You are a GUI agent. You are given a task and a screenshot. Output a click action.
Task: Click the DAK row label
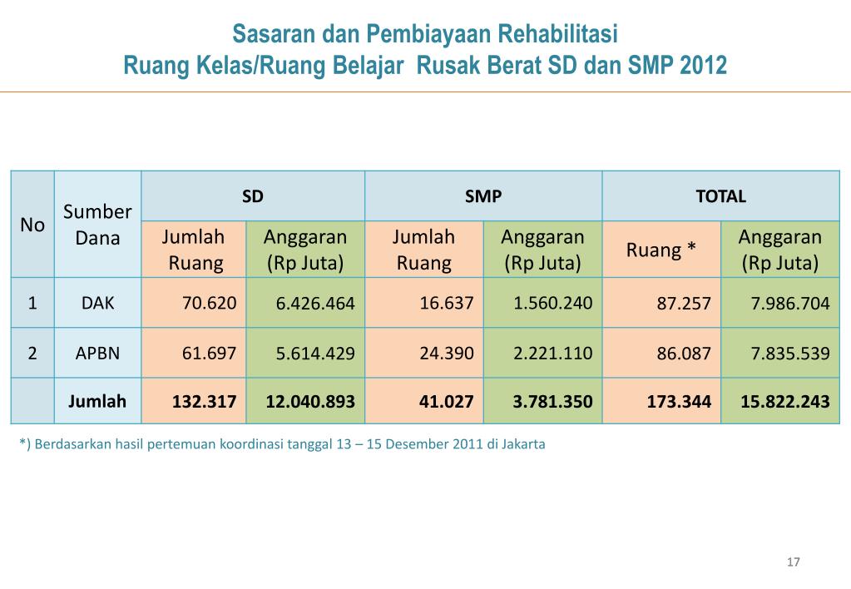(x=97, y=303)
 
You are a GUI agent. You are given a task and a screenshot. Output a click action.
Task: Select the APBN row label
(x=97, y=353)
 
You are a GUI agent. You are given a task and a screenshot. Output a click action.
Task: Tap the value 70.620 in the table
(x=210, y=303)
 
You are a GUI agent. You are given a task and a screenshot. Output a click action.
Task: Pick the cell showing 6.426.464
(x=315, y=304)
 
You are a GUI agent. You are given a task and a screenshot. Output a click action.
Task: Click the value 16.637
(x=447, y=303)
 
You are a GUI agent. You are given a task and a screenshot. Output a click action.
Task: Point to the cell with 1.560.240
(x=553, y=303)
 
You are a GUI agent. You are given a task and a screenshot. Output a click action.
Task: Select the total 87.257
(x=684, y=304)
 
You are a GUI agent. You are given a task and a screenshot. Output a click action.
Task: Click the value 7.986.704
(x=790, y=304)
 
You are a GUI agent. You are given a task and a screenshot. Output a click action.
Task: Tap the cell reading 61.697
(x=210, y=353)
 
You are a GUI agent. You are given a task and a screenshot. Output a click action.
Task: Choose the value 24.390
(x=447, y=353)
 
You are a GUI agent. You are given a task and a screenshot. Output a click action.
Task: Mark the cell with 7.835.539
(x=790, y=354)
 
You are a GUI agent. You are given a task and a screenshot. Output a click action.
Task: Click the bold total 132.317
(x=204, y=402)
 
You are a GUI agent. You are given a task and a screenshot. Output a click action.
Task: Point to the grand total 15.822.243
(x=785, y=402)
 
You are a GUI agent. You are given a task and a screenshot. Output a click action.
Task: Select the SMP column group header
(x=482, y=197)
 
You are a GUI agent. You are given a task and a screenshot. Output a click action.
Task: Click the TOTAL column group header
(x=720, y=197)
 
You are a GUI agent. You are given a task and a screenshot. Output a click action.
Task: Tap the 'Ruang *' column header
(x=661, y=250)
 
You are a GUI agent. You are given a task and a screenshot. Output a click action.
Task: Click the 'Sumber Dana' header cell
(x=97, y=225)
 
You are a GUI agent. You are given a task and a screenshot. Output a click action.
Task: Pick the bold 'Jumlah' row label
(x=97, y=402)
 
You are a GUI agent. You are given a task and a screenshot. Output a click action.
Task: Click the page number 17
(x=793, y=563)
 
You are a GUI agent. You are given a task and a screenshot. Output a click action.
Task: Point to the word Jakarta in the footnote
(x=522, y=444)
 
